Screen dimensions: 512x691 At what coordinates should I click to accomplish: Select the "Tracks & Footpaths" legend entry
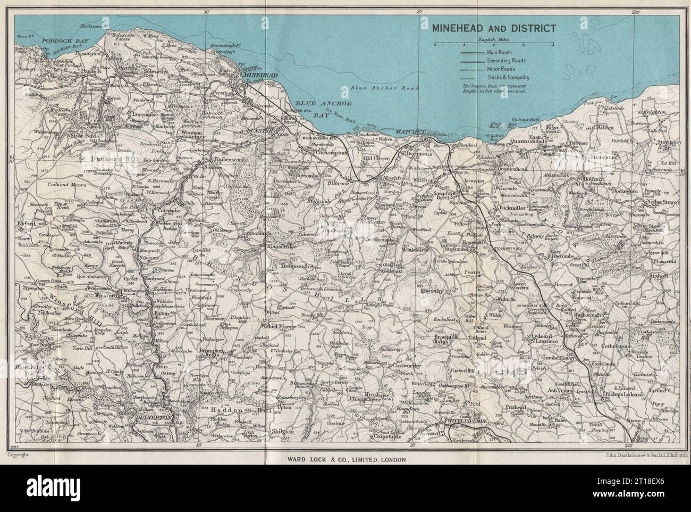[x=507, y=77]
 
